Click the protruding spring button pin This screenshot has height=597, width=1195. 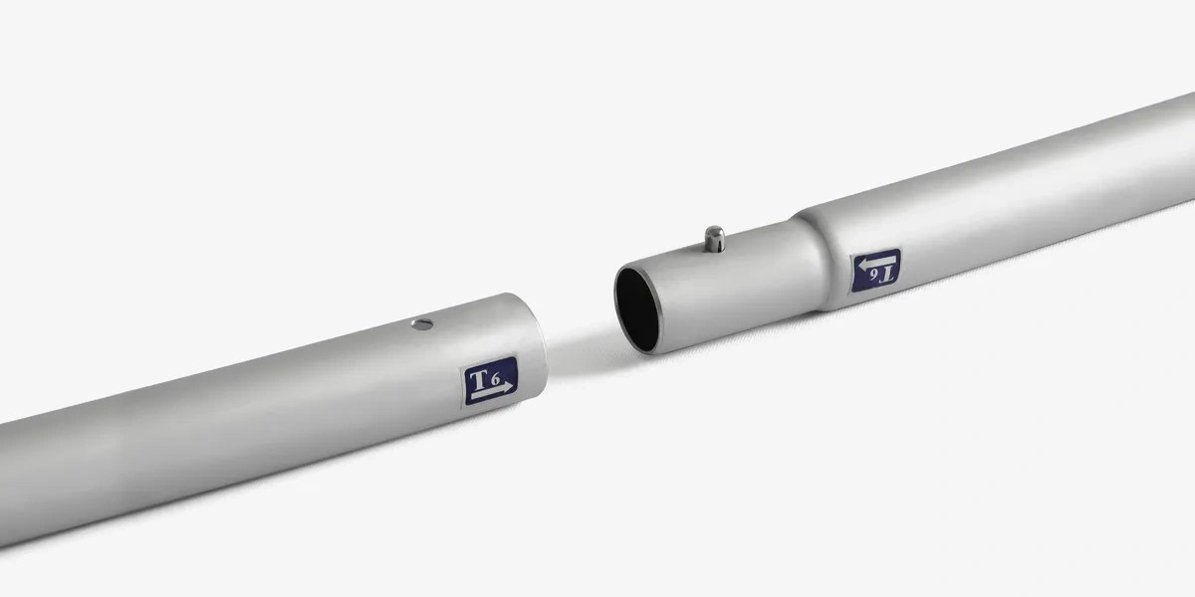click(x=714, y=239)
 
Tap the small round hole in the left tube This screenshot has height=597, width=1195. click(x=422, y=324)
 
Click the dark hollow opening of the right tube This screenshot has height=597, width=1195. click(x=637, y=310)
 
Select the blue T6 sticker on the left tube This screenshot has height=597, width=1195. click(x=490, y=380)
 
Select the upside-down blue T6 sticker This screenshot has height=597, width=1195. click(x=875, y=271)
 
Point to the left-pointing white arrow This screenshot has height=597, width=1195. click(x=875, y=261)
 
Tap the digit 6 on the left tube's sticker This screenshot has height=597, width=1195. click(x=496, y=379)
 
